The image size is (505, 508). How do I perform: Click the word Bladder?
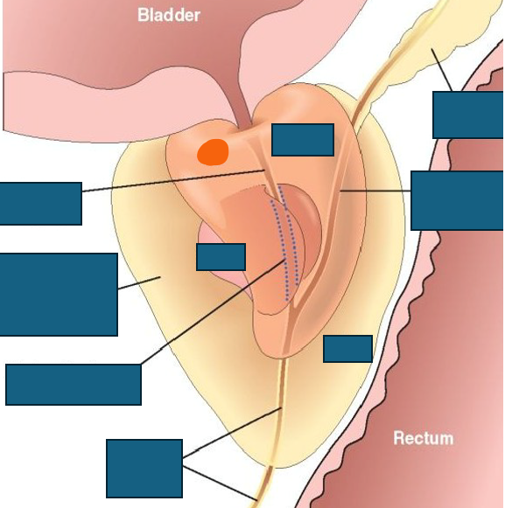pyautogui.click(x=169, y=15)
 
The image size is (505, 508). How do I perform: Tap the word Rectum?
pyautogui.click(x=424, y=438)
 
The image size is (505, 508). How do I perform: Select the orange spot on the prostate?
pyautogui.click(x=213, y=152)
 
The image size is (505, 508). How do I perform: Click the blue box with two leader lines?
pyautogui.click(x=144, y=469)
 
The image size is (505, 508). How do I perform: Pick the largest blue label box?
pyautogui.click(x=59, y=295)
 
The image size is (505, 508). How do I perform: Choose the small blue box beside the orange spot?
pyautogui.click(x=303, y=140)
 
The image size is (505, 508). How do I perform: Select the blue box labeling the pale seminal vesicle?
pyautogui.click(x=467, y=115)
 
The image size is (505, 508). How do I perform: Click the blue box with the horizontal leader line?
pyautogui.click(x=457, y=200)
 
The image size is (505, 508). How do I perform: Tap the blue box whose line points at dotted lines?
pyautogui.click(x=74, y=385)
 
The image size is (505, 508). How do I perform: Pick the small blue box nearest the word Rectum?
pyautogui.click(x=347, y=349)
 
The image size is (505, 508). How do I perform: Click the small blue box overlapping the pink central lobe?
pyautogui.click(x=221, y=257)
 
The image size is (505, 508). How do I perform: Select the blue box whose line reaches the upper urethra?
pyautogui.click(x=41, y=204)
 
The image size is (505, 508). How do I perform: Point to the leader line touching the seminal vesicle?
pyautogui.click(x=441, y=70)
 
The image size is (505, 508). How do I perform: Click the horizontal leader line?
pyautogui.click(x=375, y=191)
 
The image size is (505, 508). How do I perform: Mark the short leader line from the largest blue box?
pyautogui.click(x=139, y=282)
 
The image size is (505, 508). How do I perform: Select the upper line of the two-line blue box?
pyautogui.click(x=232, y=433)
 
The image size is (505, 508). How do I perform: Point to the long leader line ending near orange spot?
pyautogui.click(x=173, y=180)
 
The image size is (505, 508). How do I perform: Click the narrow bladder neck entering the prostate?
pyautogui.click(x=243, y=114)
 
